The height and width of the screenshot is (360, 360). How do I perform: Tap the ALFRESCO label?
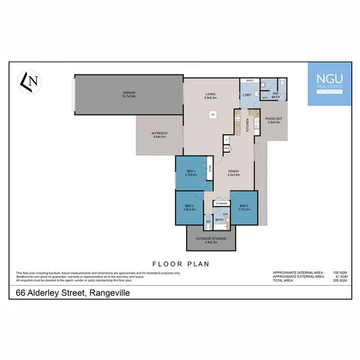click(159, 135)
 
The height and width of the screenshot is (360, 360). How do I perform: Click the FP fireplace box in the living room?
click(212, 115)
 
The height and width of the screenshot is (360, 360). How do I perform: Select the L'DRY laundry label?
click(248, 95)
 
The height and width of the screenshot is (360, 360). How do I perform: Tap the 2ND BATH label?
click(276, 95)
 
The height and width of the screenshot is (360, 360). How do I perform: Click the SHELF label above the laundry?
click(250, 81)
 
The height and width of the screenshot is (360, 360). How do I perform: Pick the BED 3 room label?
click(244, 208)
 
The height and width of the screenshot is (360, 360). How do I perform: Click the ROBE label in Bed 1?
click(210, 168)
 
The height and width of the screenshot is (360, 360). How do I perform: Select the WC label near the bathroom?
click(208, 222)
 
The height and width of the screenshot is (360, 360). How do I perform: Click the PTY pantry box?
click(226, 148)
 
